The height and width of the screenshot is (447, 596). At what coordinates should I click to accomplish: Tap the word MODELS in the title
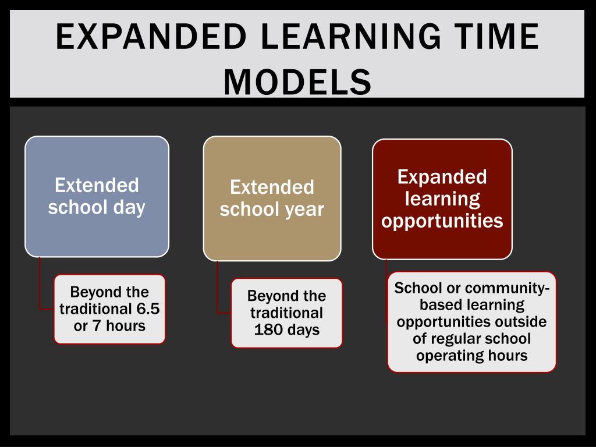point(297,81)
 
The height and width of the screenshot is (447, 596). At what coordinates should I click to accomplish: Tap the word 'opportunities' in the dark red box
point(442,221)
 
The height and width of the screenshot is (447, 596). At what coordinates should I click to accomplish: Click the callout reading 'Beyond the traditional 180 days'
point(286,313)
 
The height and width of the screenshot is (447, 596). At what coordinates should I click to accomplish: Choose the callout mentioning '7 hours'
point(109,309)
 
